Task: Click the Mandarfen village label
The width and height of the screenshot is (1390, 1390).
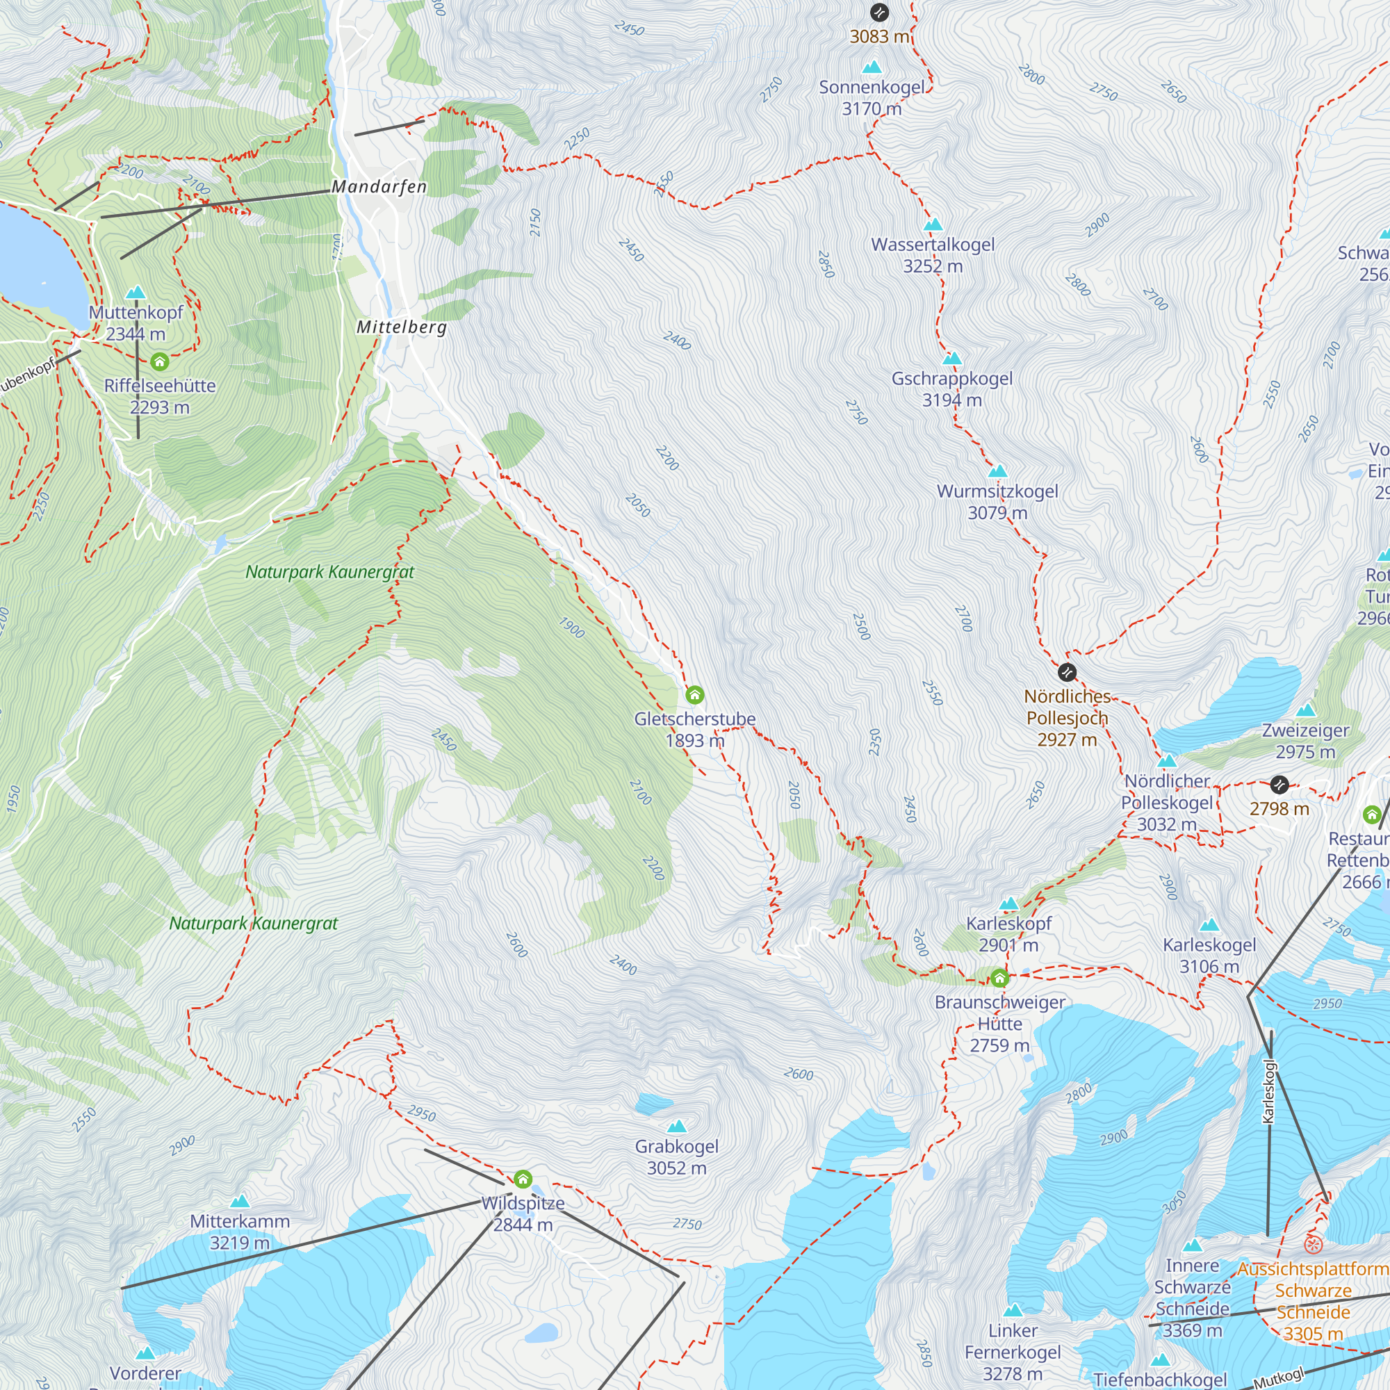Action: (379, 187)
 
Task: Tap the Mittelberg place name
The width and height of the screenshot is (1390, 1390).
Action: (402, 327)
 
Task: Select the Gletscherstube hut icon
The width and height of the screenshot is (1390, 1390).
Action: (694, 695)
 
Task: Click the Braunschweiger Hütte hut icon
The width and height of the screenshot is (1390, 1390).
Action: (999, 979)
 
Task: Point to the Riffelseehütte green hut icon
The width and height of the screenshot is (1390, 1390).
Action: (160, 361)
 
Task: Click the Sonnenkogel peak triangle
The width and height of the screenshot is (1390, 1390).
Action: (872, 67)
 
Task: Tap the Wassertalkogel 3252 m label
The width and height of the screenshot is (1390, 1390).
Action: (933, 255)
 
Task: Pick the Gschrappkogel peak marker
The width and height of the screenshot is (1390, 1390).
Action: (952, 359)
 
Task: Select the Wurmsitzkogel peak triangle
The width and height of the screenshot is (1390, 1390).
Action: (997, 471)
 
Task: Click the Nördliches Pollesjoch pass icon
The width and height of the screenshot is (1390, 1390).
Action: (1067, 673)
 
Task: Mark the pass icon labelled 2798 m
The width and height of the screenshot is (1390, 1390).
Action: (1279, 784)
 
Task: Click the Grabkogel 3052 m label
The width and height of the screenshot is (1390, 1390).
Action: (676, 1157)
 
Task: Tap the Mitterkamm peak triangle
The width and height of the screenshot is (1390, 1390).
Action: (240, 1201)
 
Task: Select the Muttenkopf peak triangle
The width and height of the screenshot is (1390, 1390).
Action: (136, 293)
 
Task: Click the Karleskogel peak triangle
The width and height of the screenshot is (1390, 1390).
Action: (1209, 925)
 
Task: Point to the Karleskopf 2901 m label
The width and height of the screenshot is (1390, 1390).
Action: (1008, 934)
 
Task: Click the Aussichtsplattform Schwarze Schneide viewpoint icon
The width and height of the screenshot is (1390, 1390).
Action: (1313, 1244)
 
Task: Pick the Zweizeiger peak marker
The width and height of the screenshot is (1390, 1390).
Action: (1305, 711)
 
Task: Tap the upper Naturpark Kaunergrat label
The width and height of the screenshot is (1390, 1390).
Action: (329, 573)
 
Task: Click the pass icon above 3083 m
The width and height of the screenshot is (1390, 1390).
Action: (879, 13)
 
